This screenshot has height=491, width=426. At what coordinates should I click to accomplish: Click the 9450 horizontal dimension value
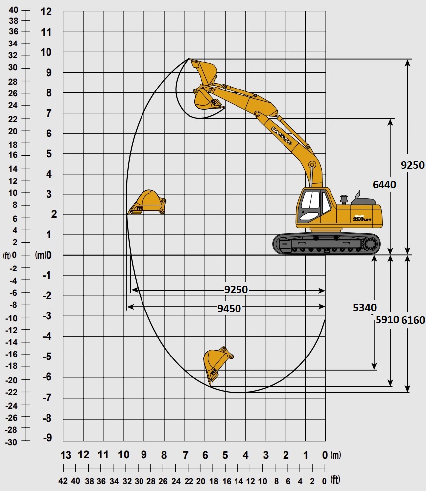click(x=229, y=309)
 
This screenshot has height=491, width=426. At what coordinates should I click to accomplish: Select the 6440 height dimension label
click(x=384, y=185)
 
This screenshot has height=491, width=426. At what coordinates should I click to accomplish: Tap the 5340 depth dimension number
click(x=365, y=307)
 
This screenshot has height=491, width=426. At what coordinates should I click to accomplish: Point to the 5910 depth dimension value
click(x=387, y=320)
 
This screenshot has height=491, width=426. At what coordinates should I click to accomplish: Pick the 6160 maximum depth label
click(x=413, y=320)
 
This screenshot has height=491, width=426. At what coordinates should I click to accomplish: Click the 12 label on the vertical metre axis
click(x=46, y=12)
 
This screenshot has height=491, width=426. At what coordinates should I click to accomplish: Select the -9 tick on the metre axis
click(x=47, y=438)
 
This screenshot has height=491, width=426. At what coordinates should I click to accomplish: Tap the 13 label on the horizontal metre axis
click(x=66, y=455)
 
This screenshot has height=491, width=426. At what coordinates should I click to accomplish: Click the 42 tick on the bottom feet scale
click(x=63, y=481)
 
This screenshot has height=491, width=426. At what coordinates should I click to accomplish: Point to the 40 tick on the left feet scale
click(x=13, y=10)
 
